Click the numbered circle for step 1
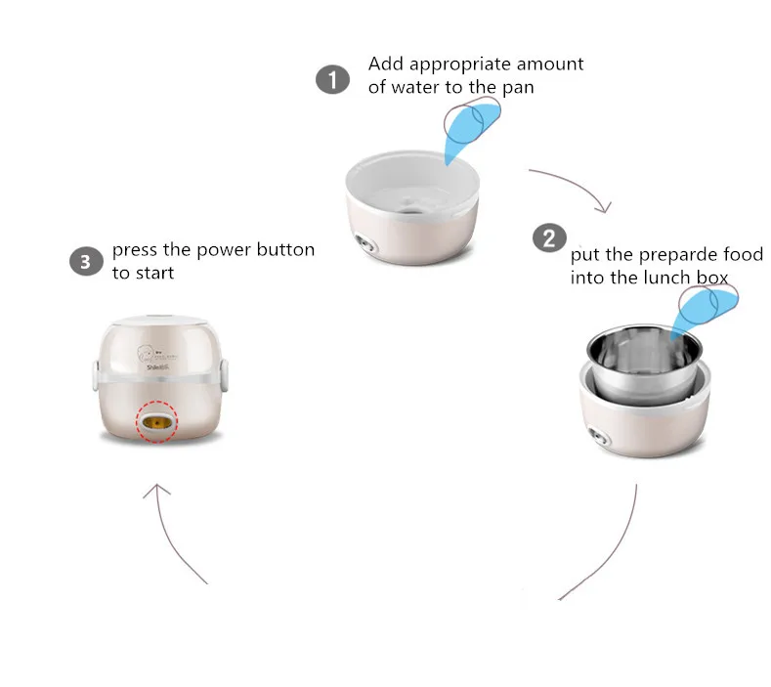click(x=333, y=79)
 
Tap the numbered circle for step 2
click(x=549, y=238)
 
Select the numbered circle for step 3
click(x=86, y=262)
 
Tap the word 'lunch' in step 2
click(x=666, y=278)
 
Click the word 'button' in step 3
click(x=285, y=250)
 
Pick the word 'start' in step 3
click(x=155, y=273)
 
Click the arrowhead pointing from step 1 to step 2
click(x=604, y=207)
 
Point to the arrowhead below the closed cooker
click(x=157, y=491)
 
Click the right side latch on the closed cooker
click(x=224, y=374)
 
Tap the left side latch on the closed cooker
click(x=96, y=374)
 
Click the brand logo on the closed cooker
click(x=157, y=358)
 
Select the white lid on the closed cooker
click(x=160, y=321)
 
